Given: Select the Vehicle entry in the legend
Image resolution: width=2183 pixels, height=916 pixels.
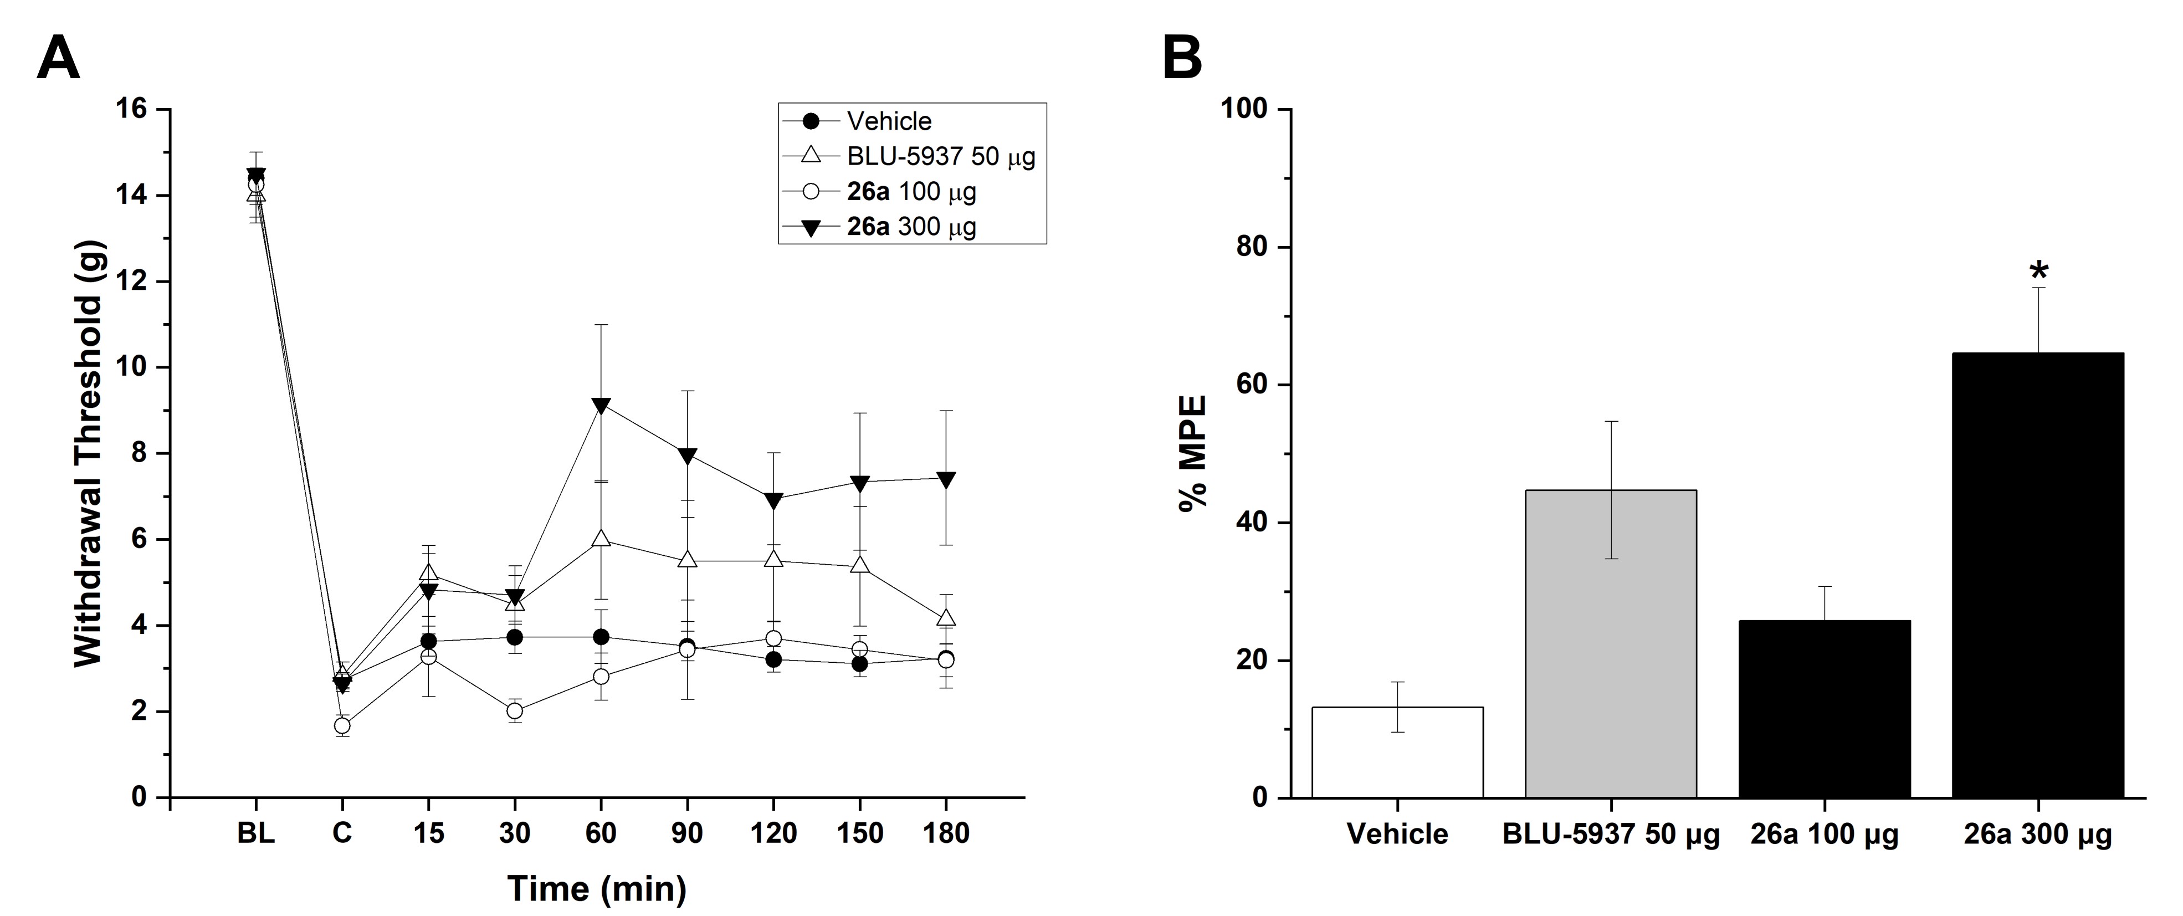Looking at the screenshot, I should pos(888,121).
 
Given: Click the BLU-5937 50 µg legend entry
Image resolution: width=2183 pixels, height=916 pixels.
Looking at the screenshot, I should pos(939,157).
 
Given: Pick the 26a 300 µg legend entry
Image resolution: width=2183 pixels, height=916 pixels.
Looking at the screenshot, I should pos(911,227).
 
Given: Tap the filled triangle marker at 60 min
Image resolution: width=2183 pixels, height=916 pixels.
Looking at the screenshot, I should pos(601,406).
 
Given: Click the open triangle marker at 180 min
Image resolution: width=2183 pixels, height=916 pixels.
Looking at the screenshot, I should pos(946,618).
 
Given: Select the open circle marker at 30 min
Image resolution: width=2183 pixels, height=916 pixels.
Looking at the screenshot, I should pos(514,711).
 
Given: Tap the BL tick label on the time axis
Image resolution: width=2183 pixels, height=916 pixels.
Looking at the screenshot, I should pos(256,834).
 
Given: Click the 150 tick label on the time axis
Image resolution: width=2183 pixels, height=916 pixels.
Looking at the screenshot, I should pos(859,834).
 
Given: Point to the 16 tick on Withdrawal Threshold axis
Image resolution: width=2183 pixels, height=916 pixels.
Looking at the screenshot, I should pos(136,109).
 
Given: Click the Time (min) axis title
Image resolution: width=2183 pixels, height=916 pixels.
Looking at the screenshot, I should pos(597,888).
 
